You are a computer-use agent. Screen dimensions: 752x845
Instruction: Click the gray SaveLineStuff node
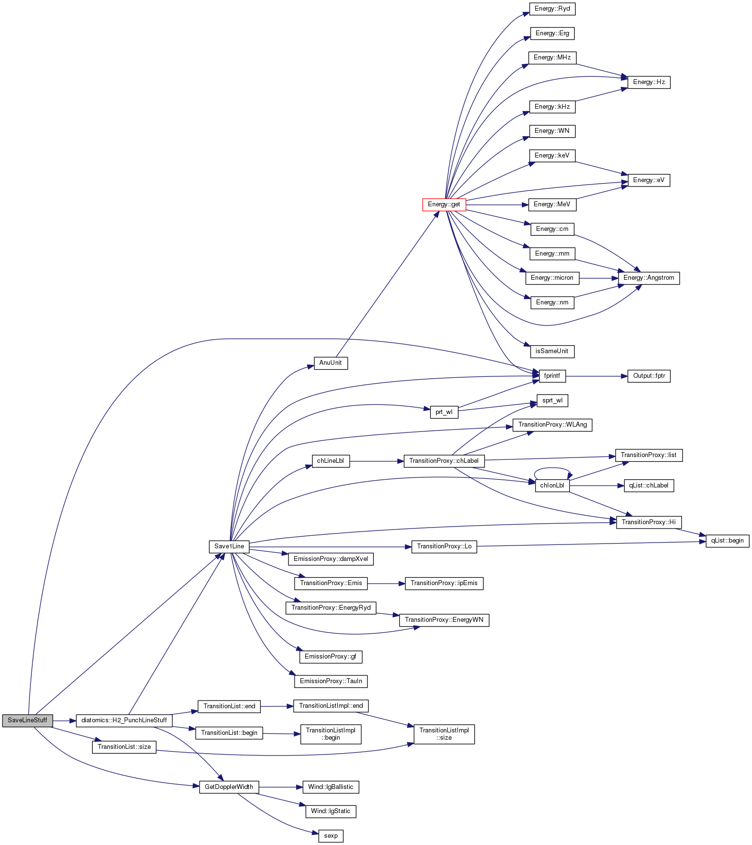[x=28, y=720]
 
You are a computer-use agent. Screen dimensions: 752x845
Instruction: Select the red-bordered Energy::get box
[x=444, y=204]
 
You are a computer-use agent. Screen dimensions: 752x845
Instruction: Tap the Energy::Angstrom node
[x=649, y=278]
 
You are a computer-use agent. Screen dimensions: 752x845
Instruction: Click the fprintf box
[x=552, y=375]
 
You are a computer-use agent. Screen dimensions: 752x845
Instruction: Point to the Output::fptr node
[x=649, y=375]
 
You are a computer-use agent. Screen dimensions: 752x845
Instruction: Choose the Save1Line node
[x=229, y=546]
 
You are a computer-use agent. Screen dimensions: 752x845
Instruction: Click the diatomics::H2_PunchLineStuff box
[x=124, y=720]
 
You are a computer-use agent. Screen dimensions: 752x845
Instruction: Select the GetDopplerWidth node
[x=229, y=787]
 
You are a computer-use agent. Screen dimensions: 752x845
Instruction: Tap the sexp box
[x=331, y=836]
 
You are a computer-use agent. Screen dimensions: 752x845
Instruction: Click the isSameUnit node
[x=552, y=351]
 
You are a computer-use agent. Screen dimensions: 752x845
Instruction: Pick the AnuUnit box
[x=331, y=363]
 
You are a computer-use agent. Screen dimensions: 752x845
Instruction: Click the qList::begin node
[x=727, y=541]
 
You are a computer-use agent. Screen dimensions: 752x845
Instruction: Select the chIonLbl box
[x=552, y=486]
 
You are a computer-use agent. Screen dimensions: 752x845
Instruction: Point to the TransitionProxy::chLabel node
[x=444, y=461]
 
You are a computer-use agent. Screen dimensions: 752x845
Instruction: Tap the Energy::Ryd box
[x=552, y=9]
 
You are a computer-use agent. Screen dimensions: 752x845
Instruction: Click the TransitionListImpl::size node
[x=444, y=734]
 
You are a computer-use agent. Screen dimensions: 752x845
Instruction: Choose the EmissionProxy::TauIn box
[x=331, y=681]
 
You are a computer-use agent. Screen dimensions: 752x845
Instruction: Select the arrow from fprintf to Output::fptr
[x=596, y=375]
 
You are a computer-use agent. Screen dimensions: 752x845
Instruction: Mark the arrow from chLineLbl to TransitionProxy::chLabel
[x=377, y=461]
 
